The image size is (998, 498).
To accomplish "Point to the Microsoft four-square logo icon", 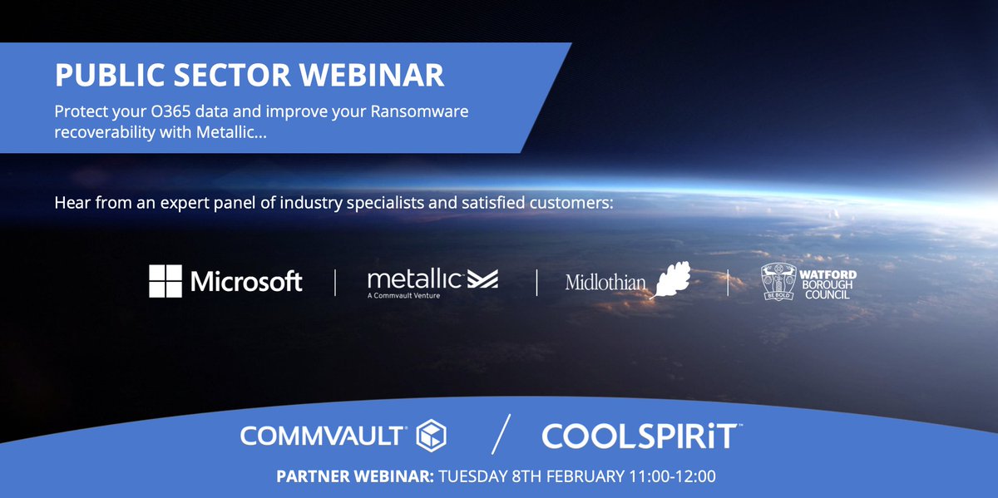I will [165, 281].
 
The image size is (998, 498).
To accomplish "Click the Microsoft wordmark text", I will [246, 282].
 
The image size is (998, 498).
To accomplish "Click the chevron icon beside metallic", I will [482, 279].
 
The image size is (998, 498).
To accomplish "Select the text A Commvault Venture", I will [405, 294].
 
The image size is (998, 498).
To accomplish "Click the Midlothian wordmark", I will [605, 283].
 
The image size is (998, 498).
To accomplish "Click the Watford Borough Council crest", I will [779, 283].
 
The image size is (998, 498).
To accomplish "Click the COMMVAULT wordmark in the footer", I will [323, 435].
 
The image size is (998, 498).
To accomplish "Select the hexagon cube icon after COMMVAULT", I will [432, 435].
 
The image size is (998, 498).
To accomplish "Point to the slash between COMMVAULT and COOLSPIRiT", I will [499, 434].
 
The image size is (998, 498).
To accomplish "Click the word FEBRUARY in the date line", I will [580, 478].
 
